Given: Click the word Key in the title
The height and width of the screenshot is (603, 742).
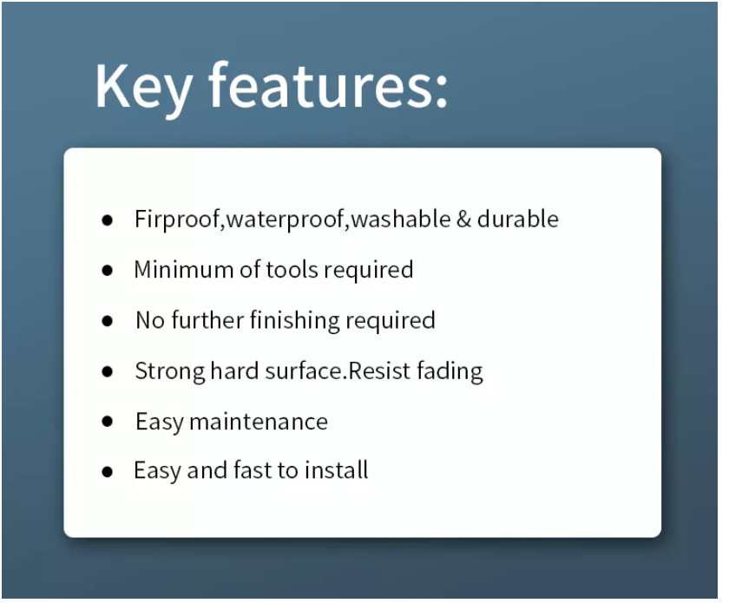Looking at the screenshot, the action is coord(143,88).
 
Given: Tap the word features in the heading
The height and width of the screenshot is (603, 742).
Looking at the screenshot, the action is coord(314,85).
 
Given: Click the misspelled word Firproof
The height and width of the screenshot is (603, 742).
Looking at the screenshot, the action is coord(178,219).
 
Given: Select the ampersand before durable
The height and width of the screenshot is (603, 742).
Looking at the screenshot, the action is coord(463,220).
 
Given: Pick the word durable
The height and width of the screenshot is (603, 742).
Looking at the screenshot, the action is coord(518,219).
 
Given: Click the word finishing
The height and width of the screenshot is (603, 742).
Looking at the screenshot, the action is coord(294,321).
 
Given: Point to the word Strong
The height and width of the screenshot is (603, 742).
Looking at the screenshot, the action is coord(170,371).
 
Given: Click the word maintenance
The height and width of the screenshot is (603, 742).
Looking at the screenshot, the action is coord(259,422).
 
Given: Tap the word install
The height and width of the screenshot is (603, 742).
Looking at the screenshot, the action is coord(336,469).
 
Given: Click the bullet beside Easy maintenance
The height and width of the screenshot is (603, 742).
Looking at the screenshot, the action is coord(108,421).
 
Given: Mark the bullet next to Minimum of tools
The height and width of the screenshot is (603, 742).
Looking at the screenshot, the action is coord(108,270).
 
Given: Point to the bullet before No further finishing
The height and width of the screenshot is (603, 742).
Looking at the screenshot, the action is coord(108,321).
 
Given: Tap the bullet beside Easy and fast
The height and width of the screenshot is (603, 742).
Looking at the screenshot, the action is coord(108,471).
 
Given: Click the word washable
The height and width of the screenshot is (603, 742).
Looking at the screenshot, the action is coord(401,219).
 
